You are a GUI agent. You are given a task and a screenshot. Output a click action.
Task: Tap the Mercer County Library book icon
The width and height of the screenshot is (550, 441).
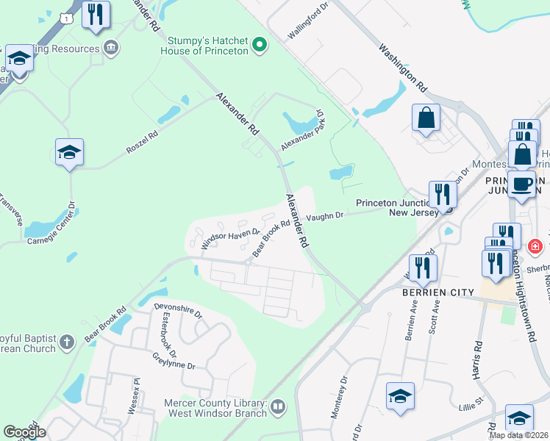(x=279, y=406)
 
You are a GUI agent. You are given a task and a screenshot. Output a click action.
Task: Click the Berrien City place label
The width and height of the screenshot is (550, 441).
(x=438, y=292)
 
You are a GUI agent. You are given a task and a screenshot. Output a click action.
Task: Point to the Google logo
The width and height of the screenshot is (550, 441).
(x=24, y=432)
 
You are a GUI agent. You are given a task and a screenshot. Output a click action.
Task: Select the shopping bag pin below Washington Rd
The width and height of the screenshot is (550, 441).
(x=426, y=117)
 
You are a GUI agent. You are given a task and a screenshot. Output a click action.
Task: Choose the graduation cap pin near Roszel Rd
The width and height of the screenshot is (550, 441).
(x=69, y=152)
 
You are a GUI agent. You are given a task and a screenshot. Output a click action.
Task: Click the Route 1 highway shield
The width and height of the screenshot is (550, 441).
(x=68, y=16)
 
